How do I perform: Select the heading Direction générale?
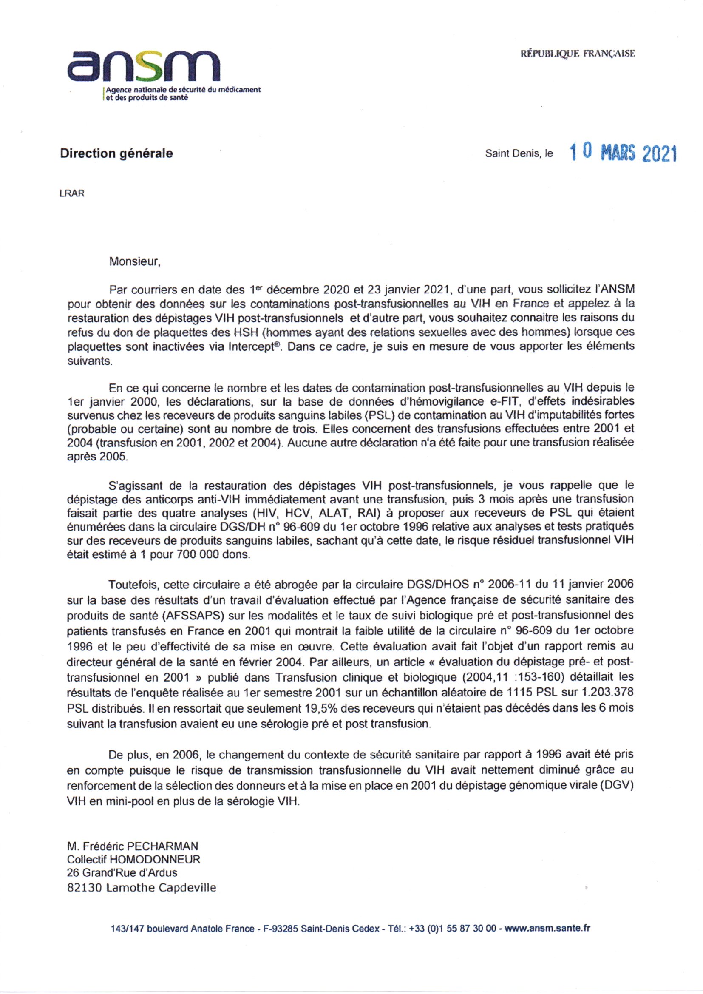[x=116, y=153]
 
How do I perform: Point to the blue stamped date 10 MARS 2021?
[x=623, y=153]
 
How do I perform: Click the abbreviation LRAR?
[x=72, y=193]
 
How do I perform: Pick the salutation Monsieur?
[x=135, y=261]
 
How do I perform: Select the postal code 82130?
[x=85, y=888]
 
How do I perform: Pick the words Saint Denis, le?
[x=519, y=153]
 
